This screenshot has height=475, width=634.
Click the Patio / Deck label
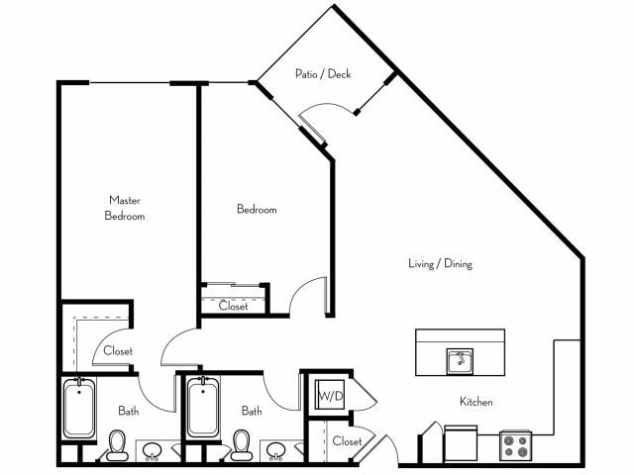pyautogui.click(x=323, y=74)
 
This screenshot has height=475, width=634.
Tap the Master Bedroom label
pyautogui.click(x=125, y=208)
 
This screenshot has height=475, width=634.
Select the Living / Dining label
pyautogui.click(x=440, y=264)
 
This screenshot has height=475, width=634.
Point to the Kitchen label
pyautogui.click(x=476, y=402)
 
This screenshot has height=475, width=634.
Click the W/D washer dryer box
pyautogui.click(x=330, y=395)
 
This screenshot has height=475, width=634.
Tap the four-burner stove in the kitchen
pyautogui.click(x=515, y=445)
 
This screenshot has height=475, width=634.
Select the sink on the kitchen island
pyautogui.click(x=460, y=361)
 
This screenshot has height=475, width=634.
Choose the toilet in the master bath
pyautogui.click(x=117, y=445)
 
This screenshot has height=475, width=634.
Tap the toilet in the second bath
pyautogui.click(x=242, y=445)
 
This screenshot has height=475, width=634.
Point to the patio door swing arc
pyautogui.click(x=324, y=106)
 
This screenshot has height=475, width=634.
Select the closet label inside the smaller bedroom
pyautogui.click(x=234, y=306)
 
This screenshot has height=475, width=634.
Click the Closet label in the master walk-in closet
pyautogui.click(x=118, y=350)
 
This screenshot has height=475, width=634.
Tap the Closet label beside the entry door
pyautogui.click(x=347, y=441)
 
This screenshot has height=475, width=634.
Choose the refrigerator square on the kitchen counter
pyautogui.click(x=461, y=443)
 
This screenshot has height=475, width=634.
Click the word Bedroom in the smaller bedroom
pyautogui.click(x=257, y=209)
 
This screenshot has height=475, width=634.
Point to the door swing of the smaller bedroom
pyautogui.click(x=307, y=294)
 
